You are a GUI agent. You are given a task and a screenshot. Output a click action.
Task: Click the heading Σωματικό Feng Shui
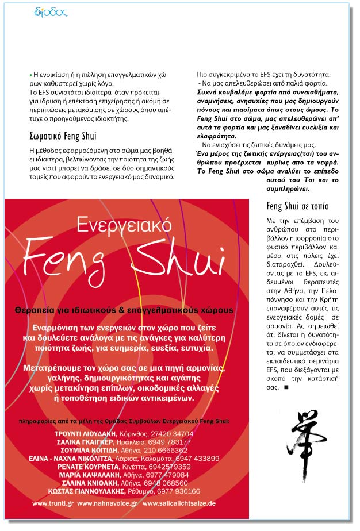pos(62,136)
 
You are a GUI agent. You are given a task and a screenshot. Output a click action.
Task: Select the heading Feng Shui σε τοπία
pos(298,206)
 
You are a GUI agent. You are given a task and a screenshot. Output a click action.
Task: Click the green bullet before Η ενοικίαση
pos(30,75)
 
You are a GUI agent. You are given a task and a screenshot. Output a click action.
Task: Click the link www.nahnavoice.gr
pos(107,503)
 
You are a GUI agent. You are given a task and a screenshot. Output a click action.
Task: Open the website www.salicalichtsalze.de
pos(179,503)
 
